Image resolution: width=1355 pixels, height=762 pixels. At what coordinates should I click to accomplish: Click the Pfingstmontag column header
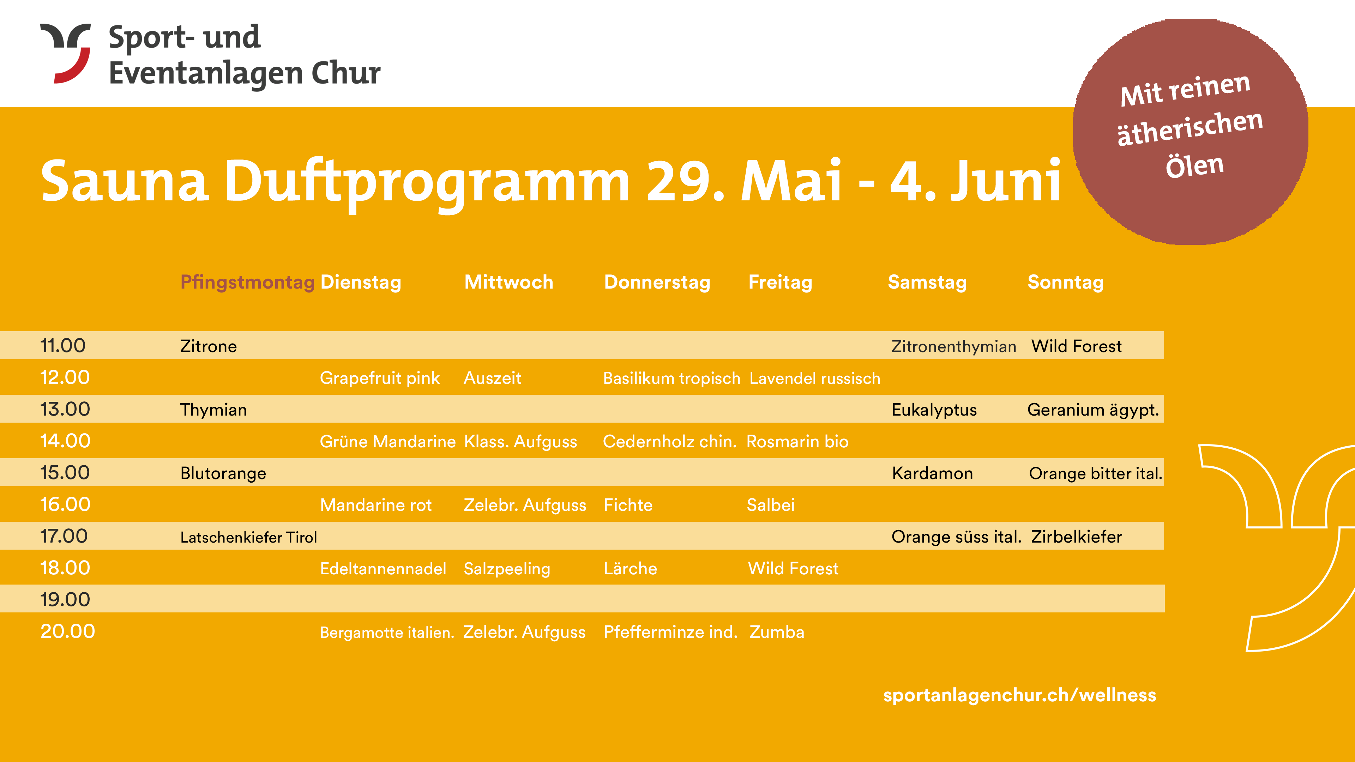247,282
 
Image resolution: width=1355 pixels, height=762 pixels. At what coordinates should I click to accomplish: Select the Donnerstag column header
657,282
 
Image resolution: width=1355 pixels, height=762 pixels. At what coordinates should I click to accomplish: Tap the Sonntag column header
1066,282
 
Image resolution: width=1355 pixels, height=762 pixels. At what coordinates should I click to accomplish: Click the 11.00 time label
62,345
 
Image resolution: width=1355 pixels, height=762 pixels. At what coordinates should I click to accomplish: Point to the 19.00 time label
65,599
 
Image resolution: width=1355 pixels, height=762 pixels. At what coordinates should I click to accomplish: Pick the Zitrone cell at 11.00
208,346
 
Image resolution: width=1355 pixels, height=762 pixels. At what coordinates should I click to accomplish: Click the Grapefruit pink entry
379,378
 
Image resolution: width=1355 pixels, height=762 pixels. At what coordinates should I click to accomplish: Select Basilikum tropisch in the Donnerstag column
672,378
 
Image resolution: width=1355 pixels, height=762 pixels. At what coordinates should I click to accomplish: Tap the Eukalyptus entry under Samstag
934,410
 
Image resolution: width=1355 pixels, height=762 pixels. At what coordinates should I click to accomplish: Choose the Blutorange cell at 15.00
223,473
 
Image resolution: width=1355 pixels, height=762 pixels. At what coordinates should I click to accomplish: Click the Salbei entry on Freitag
771,505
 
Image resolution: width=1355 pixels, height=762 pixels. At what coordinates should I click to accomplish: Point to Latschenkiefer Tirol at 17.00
248,537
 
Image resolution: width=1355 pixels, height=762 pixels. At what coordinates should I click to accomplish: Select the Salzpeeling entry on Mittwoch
507,568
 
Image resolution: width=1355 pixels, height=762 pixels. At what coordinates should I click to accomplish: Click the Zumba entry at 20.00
777,631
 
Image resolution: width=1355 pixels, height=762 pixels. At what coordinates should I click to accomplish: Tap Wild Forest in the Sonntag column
1076,346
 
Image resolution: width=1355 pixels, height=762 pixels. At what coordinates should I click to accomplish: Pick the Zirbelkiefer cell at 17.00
1076,536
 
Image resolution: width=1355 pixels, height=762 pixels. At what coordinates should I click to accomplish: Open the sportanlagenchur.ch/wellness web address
1019,695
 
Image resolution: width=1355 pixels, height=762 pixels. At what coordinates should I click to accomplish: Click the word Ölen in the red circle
1194,166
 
